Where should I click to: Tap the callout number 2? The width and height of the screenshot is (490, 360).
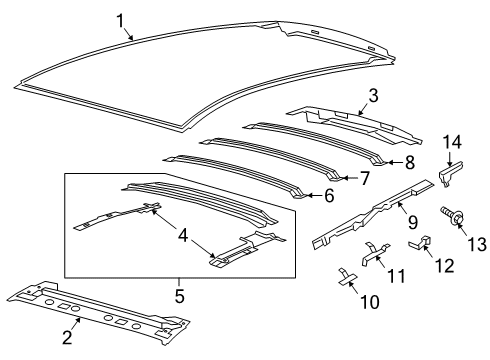pyautogui.click(x=67, y=337)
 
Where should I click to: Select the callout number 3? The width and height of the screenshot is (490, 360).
pyautogui.click(x=372, y=97)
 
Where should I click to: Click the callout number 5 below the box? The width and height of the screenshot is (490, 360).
pyautogui.click(x=180, y=295)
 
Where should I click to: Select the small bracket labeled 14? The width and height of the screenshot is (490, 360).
pyautogui.click(x=448, y=174)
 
